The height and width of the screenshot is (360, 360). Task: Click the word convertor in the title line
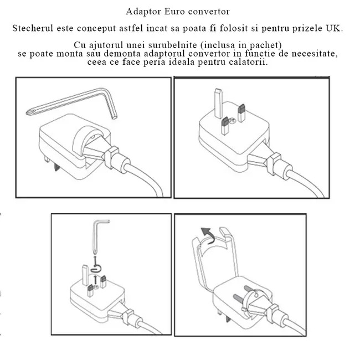pos(209,11)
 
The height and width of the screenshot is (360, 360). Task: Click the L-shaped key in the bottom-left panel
pos(99,233)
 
